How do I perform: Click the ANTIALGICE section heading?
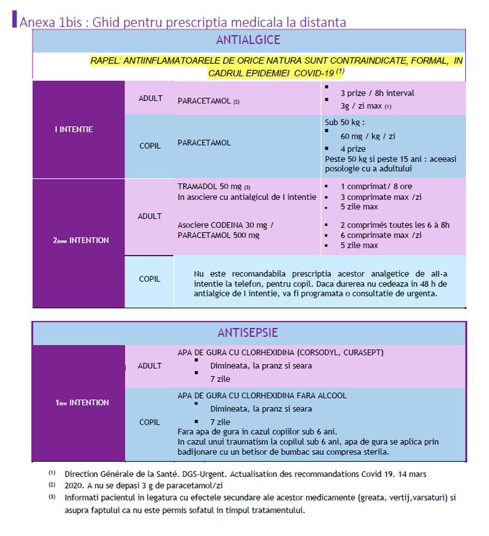pos(248,41)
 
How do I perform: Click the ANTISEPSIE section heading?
pos(248,333)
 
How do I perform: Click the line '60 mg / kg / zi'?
pos(368,136)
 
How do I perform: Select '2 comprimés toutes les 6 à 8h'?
pos(395,225)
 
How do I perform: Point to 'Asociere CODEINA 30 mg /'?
pos(225,225)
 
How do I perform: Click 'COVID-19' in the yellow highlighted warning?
pos(313,73)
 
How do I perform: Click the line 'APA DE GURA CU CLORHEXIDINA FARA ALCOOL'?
pos(262,395)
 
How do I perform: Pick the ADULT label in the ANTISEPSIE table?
pos(150,366)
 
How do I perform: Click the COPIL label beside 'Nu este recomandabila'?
pos(150,279)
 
